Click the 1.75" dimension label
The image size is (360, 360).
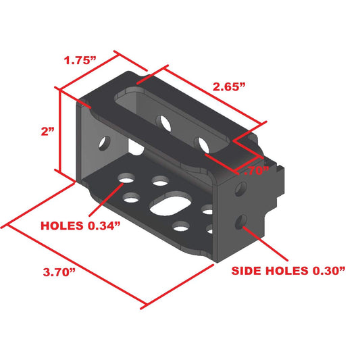80,61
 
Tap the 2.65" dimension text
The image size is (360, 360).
229,86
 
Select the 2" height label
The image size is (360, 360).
48,132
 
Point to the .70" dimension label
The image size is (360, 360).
256,171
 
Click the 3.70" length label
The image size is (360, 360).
59,272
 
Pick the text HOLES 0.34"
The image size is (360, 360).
80,226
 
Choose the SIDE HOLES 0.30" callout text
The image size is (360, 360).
288,271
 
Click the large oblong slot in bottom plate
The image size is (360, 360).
171,204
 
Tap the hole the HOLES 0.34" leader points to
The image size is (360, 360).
126,178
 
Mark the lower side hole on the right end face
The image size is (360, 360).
241,222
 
